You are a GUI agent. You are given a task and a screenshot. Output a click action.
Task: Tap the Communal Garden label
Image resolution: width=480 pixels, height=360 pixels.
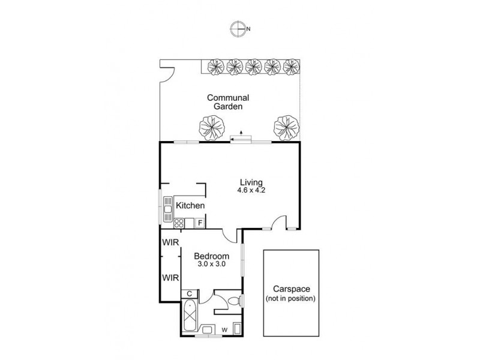tap(228, 102)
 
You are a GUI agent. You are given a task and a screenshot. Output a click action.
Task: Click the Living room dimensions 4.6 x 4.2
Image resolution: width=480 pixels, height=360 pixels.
tap(251, 191)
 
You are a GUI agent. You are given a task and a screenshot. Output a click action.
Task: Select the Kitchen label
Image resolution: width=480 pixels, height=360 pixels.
tap(191, 206)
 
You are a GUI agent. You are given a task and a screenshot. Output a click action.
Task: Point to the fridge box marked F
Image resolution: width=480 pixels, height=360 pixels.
tap(200, 223)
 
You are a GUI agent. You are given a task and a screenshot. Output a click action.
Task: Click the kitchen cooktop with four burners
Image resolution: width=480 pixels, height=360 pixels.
tap(179, 223)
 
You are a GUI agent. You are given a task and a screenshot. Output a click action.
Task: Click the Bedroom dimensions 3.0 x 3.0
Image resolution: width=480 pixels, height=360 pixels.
tap(211, 263)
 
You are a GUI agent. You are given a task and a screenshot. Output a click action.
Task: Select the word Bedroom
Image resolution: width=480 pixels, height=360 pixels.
tap(211, 256)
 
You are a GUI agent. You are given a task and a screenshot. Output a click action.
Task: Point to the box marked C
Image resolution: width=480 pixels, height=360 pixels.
tap(188, 294)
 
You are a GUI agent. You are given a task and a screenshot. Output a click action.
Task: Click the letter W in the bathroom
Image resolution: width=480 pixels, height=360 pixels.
tap(224, 329)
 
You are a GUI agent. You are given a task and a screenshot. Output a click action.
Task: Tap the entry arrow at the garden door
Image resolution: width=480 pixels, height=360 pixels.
tap(241, 133)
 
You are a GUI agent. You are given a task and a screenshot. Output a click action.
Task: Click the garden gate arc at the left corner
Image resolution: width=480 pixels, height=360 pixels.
tap(167, 73)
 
